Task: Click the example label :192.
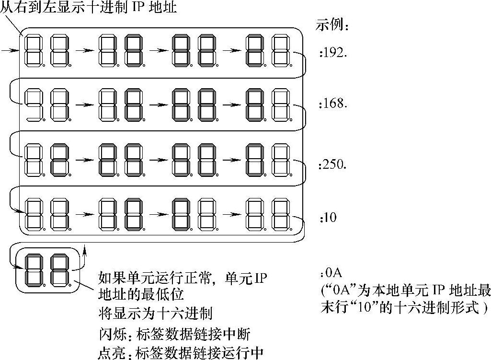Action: tap(333, 53)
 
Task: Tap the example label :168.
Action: tap(333, 103)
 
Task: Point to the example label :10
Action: tap(329, 217)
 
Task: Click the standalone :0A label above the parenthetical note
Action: tap(331, 274)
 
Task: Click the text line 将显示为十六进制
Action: tap(154, 314)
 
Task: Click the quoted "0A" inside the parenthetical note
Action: tap(339, 290)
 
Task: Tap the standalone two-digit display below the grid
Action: tap(48, 270)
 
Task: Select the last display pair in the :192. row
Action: tap(268, 50)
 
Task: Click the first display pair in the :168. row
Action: tap(47, 104)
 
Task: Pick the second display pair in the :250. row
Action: tap(121, 159)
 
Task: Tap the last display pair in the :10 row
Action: tap(268, 214)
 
